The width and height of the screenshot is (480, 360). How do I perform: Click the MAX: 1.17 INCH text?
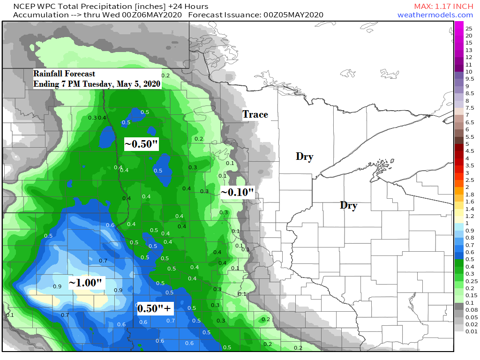point(443,6)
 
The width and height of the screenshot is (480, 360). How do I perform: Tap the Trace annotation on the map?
point(255,114)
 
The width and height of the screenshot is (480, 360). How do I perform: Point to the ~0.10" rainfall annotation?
point(237,192)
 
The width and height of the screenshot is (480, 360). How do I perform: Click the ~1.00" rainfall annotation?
point(86,283)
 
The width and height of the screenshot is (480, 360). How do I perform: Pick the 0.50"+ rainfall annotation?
point(154,308)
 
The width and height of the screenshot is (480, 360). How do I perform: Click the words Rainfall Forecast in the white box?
point(64,74)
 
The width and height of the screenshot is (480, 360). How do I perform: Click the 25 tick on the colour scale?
point(469,28)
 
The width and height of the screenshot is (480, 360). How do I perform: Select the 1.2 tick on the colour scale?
point(469,216)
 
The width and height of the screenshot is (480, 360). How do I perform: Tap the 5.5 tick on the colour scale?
point(469,136)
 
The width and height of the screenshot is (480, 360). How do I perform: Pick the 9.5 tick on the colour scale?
point(469,79)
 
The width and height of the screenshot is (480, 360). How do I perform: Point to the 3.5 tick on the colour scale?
point(469,165)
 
